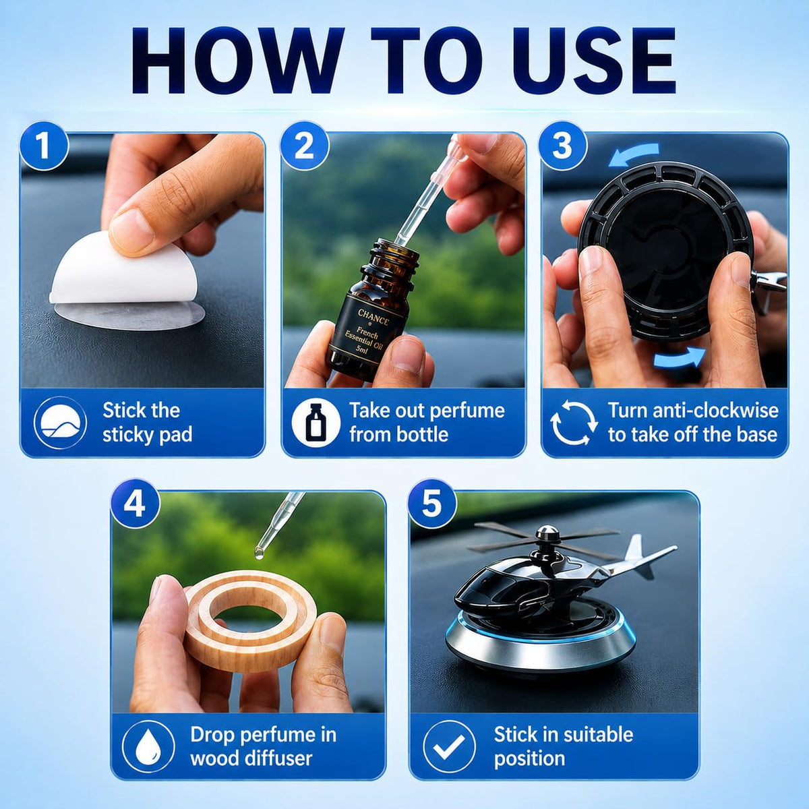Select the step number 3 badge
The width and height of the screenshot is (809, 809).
pyautogui.click(x=562, y=145)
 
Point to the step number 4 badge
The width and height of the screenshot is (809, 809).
pyautogui.click(x=135, y=504)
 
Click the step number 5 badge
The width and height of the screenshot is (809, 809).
pyautogui.click(x=432, y=504)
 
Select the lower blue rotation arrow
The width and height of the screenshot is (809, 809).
pyautogui.click(x=680, y=359)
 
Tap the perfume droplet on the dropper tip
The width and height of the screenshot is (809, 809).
pyautogui.click(x=259, y=553)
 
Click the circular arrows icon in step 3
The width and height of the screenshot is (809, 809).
pyautogui.click(x=574, y=422)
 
